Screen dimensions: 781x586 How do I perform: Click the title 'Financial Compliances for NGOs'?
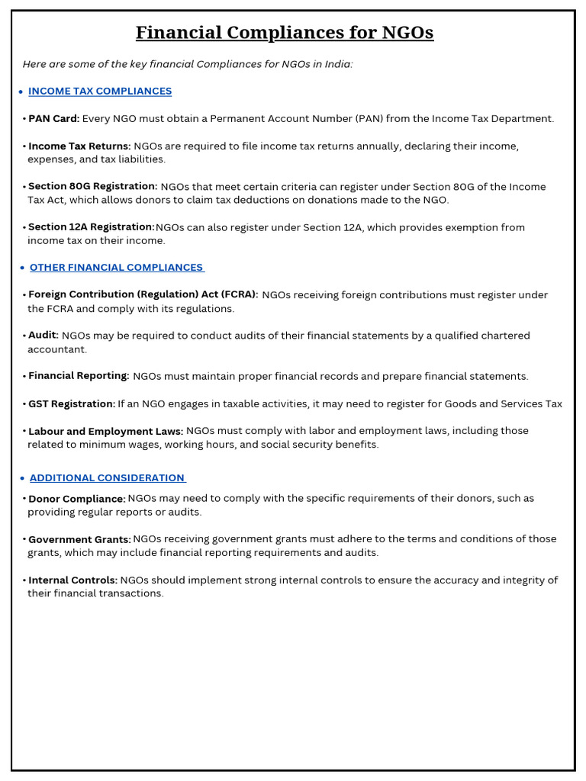[x=285, y=33]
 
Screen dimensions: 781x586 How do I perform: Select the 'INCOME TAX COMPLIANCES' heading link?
[x=100, y=92]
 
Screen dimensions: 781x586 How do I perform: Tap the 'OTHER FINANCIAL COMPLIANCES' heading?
[x=117, y=268]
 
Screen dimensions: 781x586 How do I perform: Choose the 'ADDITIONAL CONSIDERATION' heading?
[x=108, y=478]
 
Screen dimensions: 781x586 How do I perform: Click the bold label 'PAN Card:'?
[x=53, y=119]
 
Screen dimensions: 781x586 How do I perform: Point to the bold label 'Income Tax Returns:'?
[x=79, y=146]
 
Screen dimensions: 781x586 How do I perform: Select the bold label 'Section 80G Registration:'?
[x=92, y=187]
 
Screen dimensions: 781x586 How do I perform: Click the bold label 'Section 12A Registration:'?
[x=91, y=227]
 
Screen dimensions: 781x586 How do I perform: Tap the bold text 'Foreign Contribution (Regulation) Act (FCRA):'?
[x=143, y=295]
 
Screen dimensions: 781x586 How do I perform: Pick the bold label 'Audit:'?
[x=43, y=336]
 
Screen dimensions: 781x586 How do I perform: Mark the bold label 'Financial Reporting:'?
[x=79, y=376]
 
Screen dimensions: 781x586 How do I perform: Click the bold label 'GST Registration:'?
[x=72, y=404]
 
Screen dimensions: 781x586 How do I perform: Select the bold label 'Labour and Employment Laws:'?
[x=105, y=431]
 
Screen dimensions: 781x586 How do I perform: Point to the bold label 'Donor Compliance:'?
[x=77, y=499]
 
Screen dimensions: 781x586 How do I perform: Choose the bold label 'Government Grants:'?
[x=79, y=539]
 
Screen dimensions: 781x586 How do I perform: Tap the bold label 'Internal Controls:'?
[x=72, y=580]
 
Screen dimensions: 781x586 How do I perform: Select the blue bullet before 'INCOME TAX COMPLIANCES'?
[x=20, y=92]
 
